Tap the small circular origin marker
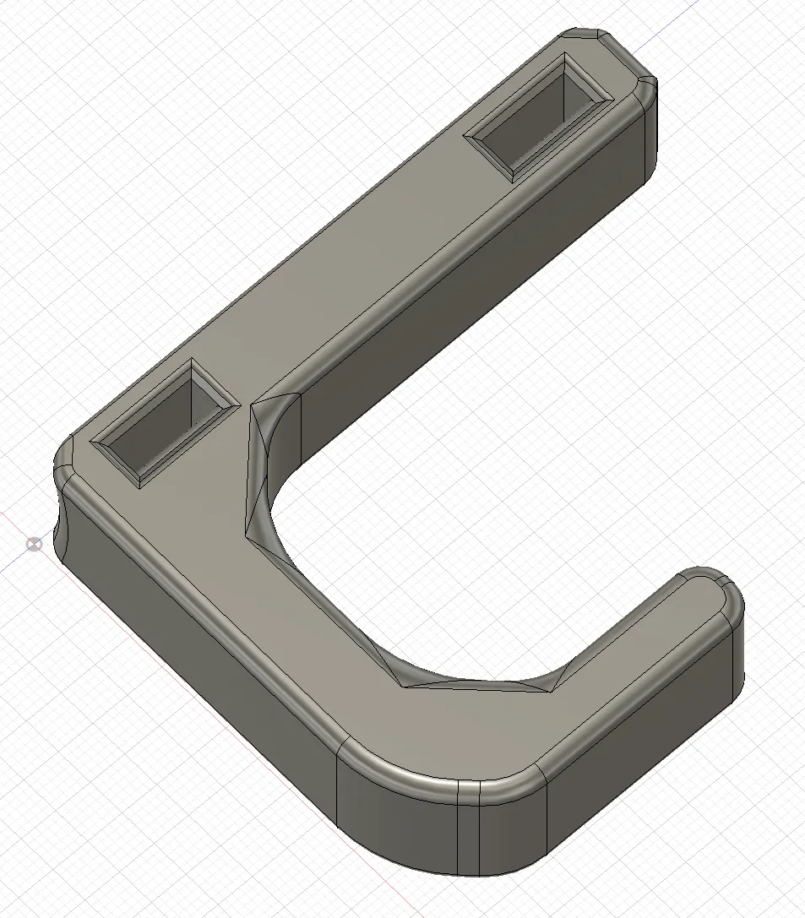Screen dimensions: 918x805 click(34, 544)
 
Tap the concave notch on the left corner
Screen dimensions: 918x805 click(62, 515)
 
